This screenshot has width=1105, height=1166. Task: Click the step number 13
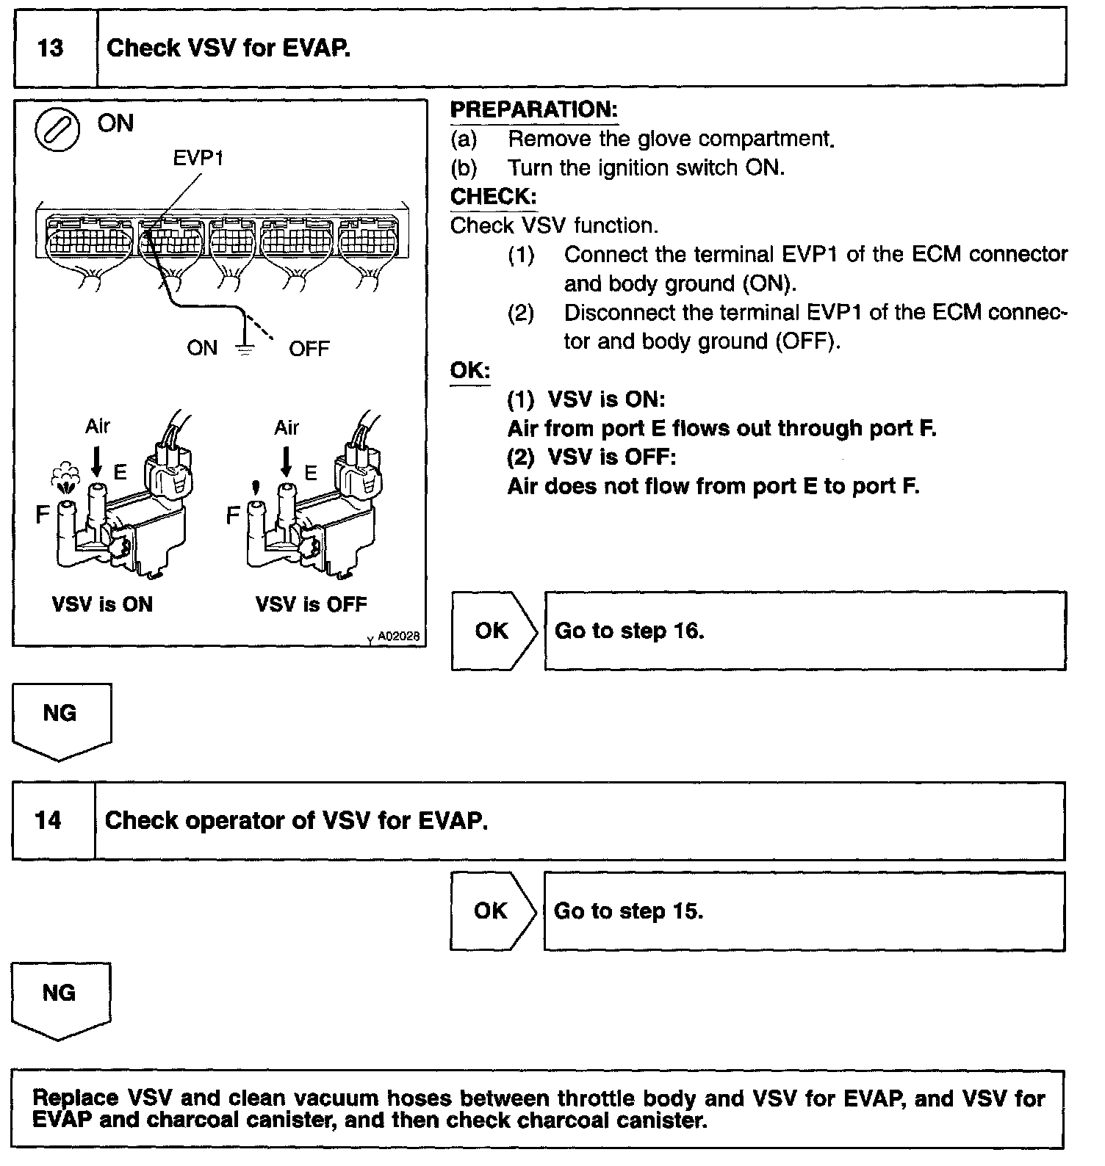pyautogui.click(x=50, y=48)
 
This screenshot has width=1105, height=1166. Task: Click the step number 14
pyautogui.click(x=48, y=820)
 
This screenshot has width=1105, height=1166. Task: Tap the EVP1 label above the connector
pyautogui.click(x=198, y=158)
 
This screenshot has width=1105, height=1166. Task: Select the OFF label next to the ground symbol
pyautogui.click(x=309, y=349)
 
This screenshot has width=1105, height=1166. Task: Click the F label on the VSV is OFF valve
pyautogui.click(x=233, y=515)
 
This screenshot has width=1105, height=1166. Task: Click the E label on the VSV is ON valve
pyautogui.click(x=120, y=473)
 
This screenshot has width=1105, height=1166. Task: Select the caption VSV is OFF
pyautogui.click(x=311, y=604)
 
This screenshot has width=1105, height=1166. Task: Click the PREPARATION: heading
pyautogui.click(x=533, y=110)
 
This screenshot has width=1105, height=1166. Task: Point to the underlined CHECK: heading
pyautogui.click(x=493, y=197)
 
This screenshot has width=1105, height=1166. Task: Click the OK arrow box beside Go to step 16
pyautogui.click(x=492, y=631)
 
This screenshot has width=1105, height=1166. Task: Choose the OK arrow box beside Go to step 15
pyautogui.click(x=490, y=910)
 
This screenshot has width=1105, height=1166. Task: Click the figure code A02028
pyautogui.click(x=399, y=637)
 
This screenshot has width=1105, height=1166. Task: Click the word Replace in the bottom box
pyautogui.click(x=76, y=1098)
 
